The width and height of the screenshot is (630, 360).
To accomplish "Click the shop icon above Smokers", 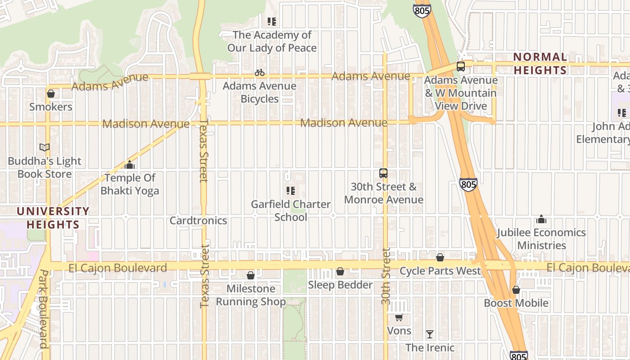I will (51, 94).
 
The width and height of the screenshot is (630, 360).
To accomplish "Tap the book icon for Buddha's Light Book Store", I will (44, 148).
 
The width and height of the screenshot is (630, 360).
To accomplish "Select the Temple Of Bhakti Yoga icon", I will (130, 165).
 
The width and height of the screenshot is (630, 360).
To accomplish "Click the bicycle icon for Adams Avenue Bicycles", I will (260, 72).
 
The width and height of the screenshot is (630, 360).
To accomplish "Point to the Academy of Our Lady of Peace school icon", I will (271, 22).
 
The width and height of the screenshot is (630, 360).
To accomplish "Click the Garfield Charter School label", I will (291, 211).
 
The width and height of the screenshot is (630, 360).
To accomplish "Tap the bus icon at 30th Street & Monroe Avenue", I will (383, 173).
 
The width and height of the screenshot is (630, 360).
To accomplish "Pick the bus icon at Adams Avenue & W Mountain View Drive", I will (461, 67).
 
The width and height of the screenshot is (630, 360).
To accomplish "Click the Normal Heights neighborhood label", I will (540, 63).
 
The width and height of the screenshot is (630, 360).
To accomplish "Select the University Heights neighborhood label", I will (53, 218).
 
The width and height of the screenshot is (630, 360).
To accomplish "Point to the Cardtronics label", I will (198, 220).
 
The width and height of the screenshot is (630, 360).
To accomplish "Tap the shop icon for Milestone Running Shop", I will (251, 275).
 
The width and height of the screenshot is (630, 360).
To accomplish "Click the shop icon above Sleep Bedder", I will (340, 271).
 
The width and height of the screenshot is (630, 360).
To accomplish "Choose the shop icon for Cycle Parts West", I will (440, 257).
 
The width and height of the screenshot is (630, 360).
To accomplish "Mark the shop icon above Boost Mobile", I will (516, 290).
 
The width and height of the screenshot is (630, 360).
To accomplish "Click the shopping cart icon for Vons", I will (399, 318).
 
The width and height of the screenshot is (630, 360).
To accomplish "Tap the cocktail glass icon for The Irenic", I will (430, 334).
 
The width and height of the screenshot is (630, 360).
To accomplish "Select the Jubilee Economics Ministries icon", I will (541, 220).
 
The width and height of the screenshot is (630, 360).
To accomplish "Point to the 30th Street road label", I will (386, 276).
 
